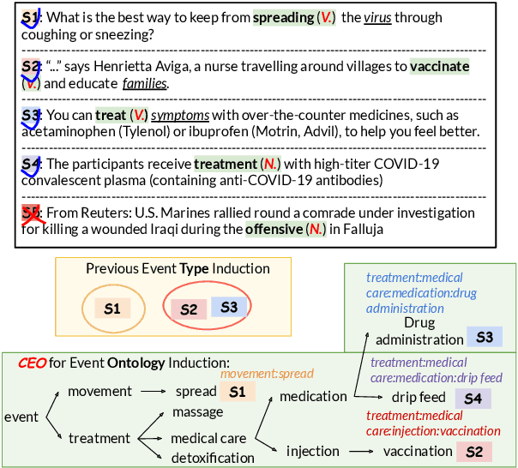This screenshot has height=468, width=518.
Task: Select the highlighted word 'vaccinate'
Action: pyautogui.click(x=440, y=66)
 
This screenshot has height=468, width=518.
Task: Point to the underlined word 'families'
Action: pyautogui.click(x=145, y=83)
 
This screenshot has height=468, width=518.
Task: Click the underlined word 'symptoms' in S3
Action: pyautogui.click(x=178, y=115)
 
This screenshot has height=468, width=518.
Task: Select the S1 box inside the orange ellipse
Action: pyautogui.click(x=112, y=309)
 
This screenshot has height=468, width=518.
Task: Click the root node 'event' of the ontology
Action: pyautogui.click(x=21, y=417)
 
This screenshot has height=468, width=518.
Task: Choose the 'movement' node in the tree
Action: pyautogui.click(x=100, y=392)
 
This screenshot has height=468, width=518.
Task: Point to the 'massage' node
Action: pyautogui.click(x=198, y=412)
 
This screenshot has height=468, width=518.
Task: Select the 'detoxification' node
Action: pyautogui.click(x=213, y=458)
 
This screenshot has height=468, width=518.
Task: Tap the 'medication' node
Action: pyautogui.click(x=312, y=396)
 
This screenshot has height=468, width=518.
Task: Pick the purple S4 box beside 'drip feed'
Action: pyautogui.click(x=473, y=398)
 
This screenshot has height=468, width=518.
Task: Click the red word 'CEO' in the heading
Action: pyautogui.click(x=33, y=363)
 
